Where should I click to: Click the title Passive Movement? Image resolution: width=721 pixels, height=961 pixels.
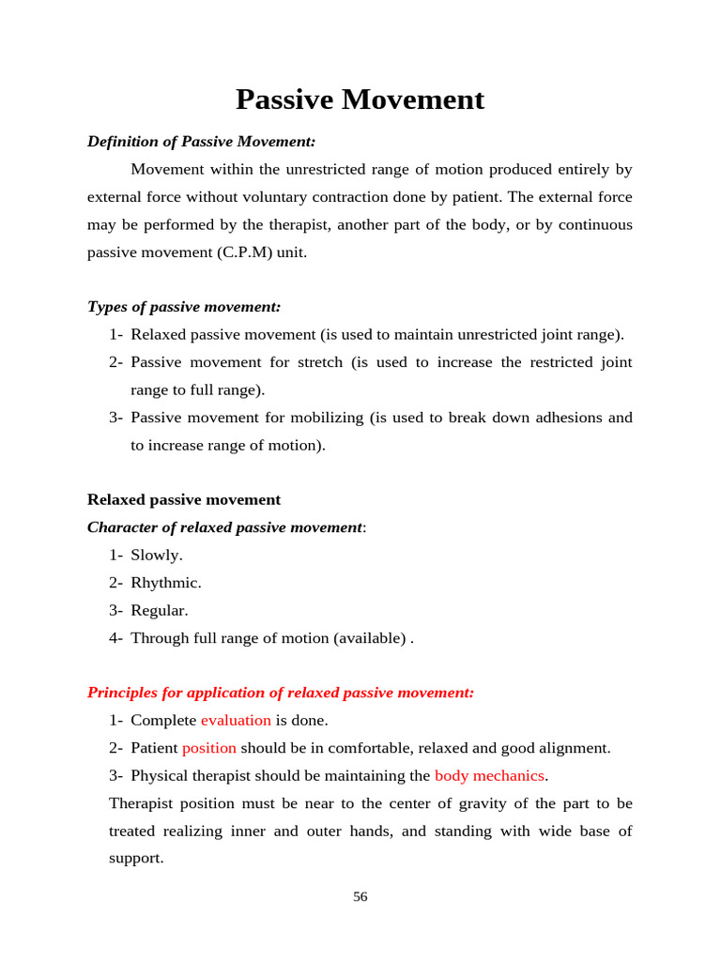[x=360, y=99]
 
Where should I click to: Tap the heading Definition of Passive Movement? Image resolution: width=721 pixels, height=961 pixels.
[x=201, y=142]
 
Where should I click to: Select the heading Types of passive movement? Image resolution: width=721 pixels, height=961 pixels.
[x=184, y=307]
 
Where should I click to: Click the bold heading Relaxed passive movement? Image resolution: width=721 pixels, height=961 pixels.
[x=184, y=500]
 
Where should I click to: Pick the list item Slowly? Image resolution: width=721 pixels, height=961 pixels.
[x=156, y=556]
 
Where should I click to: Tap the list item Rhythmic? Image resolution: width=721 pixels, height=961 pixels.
[x=165, y=583]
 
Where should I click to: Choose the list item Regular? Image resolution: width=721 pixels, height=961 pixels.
[x=160, y=611]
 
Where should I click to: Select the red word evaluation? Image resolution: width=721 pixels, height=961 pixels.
[x=236, y=721]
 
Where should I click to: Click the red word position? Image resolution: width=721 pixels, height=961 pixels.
[x=209, y=748]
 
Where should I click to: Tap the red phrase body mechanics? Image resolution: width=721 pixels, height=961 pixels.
[x=489, y=776]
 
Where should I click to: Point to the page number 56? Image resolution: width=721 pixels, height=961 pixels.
[x=360, y=897]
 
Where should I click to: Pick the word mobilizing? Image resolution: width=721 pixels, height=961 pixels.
[x=326, y=418]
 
